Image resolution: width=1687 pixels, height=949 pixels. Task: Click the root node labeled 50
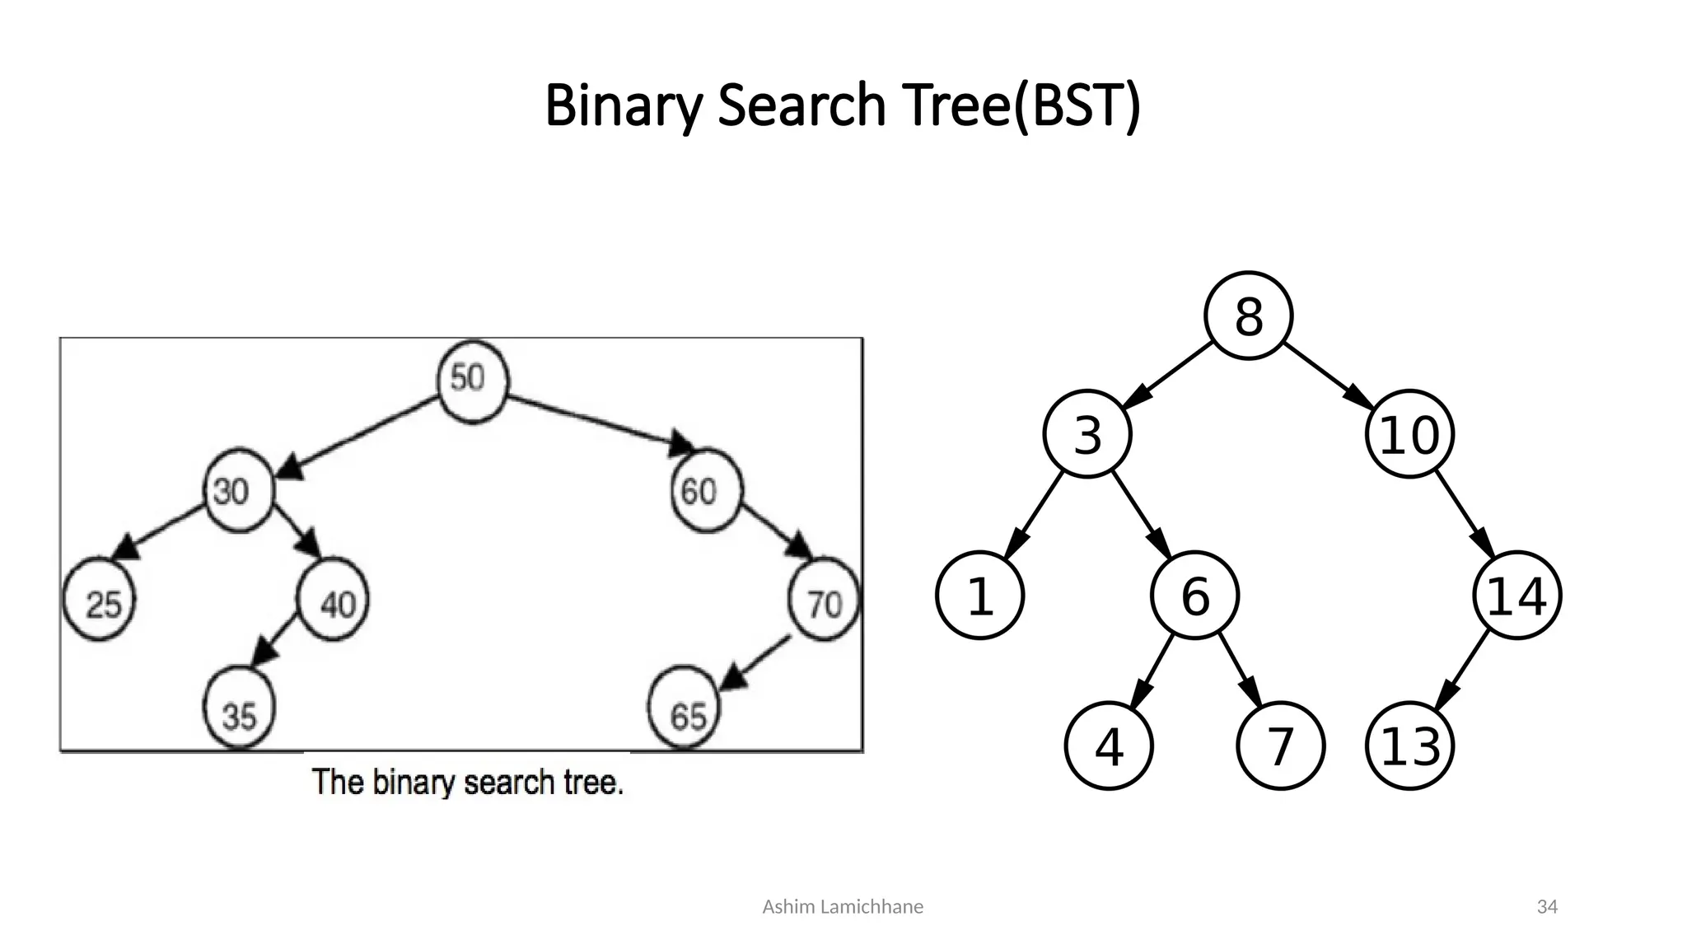472,381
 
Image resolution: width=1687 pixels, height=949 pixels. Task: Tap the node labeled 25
99,601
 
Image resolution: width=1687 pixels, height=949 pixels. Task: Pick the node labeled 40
333,601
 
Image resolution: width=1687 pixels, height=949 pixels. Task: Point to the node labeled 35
239,709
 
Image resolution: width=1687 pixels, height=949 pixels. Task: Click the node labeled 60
706,491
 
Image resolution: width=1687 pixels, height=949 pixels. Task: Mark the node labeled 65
684,710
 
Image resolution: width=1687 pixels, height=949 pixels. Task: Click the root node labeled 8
1248,316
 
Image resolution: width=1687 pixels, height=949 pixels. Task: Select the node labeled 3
1087,434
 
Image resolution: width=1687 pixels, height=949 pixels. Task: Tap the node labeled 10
1409,434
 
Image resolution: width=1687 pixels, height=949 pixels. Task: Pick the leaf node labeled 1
979,595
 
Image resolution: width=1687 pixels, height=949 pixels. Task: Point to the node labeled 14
1516,595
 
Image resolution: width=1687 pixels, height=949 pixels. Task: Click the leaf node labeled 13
1409,746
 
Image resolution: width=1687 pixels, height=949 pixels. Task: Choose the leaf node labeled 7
1280,746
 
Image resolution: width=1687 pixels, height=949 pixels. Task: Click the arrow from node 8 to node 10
1328,375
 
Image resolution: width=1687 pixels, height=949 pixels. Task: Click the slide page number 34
1547,907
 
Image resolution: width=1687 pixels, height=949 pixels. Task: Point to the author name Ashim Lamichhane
843,907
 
